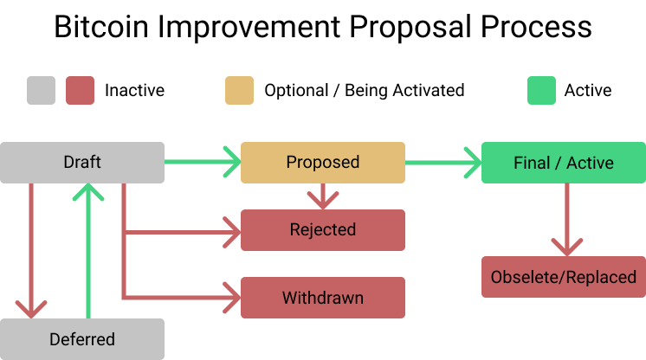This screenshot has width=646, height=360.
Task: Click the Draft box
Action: pyautogui.click(x=82, y=163)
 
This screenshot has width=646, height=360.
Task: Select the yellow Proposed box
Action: pyautogui.click(x=322, y=163)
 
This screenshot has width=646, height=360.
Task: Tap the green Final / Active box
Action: pyautogui.click(x=563, y=163)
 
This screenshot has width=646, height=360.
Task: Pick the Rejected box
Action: pyautogui.click(x=322, y=230)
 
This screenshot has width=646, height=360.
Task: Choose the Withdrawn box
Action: pyautogui.click(x=322, y=298)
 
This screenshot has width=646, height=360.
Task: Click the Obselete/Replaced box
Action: pyautogui.click(x=563, y=278)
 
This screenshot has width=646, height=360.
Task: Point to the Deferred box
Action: pyautogui.click(x=82, y=338)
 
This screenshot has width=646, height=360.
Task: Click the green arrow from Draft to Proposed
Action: pyautogui.click(x=201, y=162)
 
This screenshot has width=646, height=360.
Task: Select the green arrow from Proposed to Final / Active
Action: pyautogui.click(x=442, y=162)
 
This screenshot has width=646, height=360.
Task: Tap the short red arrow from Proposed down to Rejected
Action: pyautogui.click(x=322, y=196)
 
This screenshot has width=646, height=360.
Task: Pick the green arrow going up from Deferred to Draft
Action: pyautogui.click(x=88, y=251)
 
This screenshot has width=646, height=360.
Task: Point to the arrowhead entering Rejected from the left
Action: pyautogui.click(x=231, y=231)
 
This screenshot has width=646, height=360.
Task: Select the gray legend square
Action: pyautogui.click(x=41, y=90)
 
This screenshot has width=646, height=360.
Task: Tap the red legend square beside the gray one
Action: pyautogui.click(x=81, y=90)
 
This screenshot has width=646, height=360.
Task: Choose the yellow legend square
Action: pyautogui.click(x=239, y=90)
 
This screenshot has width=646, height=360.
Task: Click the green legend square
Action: pyautogui.click(x=541, y=90)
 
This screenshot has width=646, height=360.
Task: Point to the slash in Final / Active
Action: pyautogui.click(x=558, y=163)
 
